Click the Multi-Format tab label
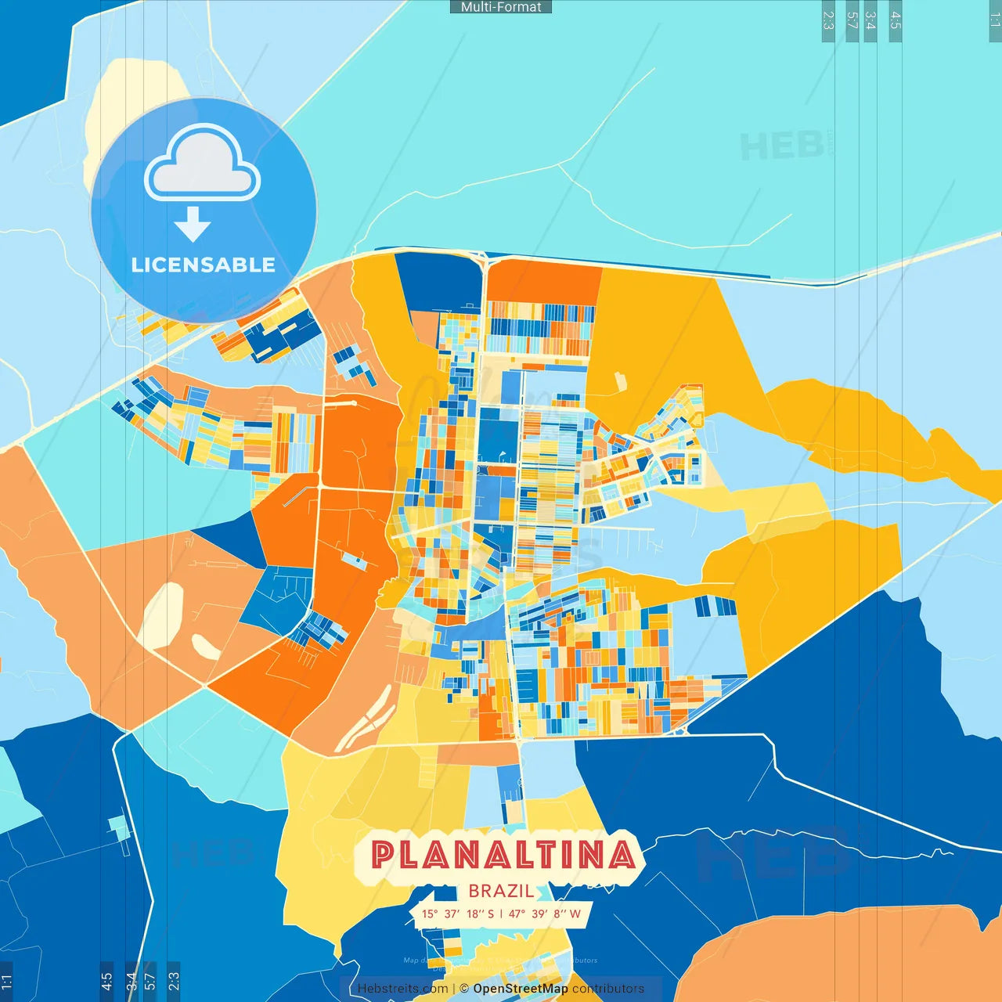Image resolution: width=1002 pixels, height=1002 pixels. (x=501, y=7)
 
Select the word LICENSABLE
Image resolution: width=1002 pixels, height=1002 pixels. (x=204, y=265)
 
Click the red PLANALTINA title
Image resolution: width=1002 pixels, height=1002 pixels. (x=502, y=855)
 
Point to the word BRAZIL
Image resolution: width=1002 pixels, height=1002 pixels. (x=501, y=891)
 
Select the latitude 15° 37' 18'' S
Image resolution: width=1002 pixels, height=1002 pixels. (x=458, y=914)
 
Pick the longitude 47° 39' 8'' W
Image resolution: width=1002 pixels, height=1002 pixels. (x=545, y=914)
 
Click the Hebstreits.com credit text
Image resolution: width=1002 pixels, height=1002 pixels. (x=402, y=989)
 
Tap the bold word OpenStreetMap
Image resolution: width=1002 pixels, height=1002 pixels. (x=520, y=989)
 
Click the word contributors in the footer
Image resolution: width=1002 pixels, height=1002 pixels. (x=607, y=989)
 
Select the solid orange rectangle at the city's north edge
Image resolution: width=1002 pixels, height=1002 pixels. (x=544, y=282)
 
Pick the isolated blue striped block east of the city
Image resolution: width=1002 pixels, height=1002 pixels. (x=715, y=606)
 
